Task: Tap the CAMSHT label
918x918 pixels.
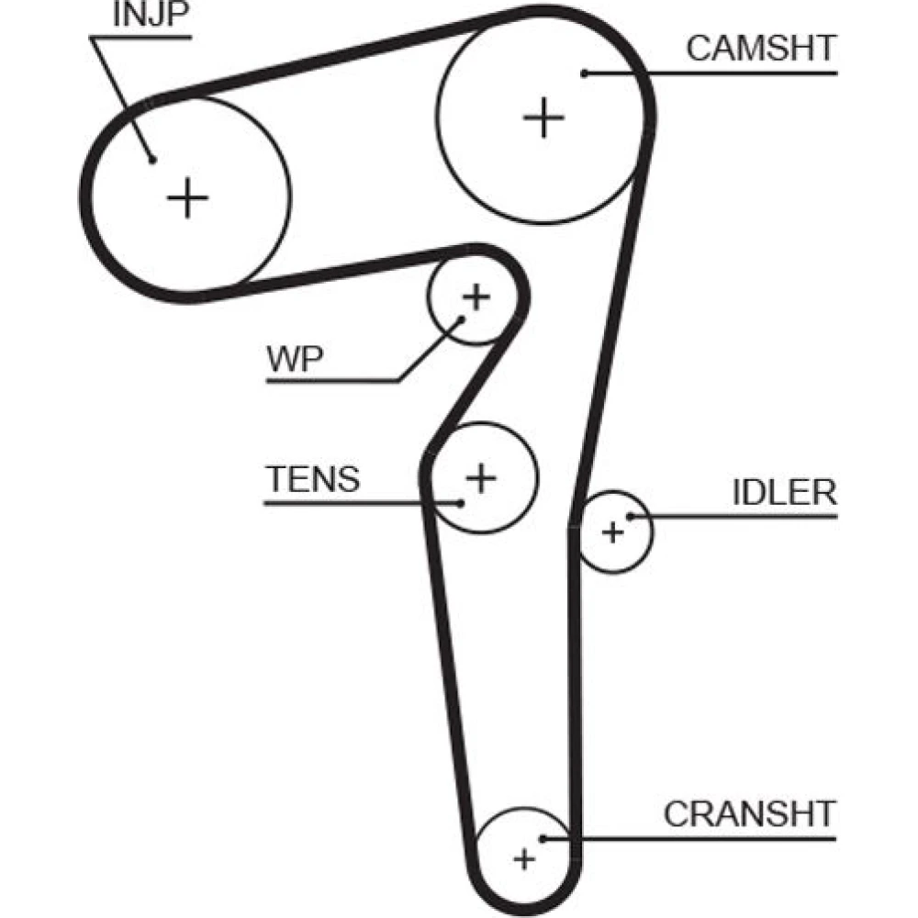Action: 761,49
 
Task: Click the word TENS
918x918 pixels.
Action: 313,479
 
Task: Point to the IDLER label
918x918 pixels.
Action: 784,493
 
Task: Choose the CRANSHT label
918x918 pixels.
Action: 749,813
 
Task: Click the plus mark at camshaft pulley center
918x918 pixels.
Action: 544,118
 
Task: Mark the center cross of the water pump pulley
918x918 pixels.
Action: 476,297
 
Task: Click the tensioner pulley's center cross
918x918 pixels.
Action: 480,476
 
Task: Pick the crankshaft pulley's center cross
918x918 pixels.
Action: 523,859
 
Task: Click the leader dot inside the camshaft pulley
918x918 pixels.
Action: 583,73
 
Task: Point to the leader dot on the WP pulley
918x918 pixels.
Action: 461,319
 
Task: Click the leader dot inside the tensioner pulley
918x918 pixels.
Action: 462,502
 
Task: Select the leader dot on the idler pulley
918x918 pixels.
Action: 631,516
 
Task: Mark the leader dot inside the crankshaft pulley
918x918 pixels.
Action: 543,837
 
